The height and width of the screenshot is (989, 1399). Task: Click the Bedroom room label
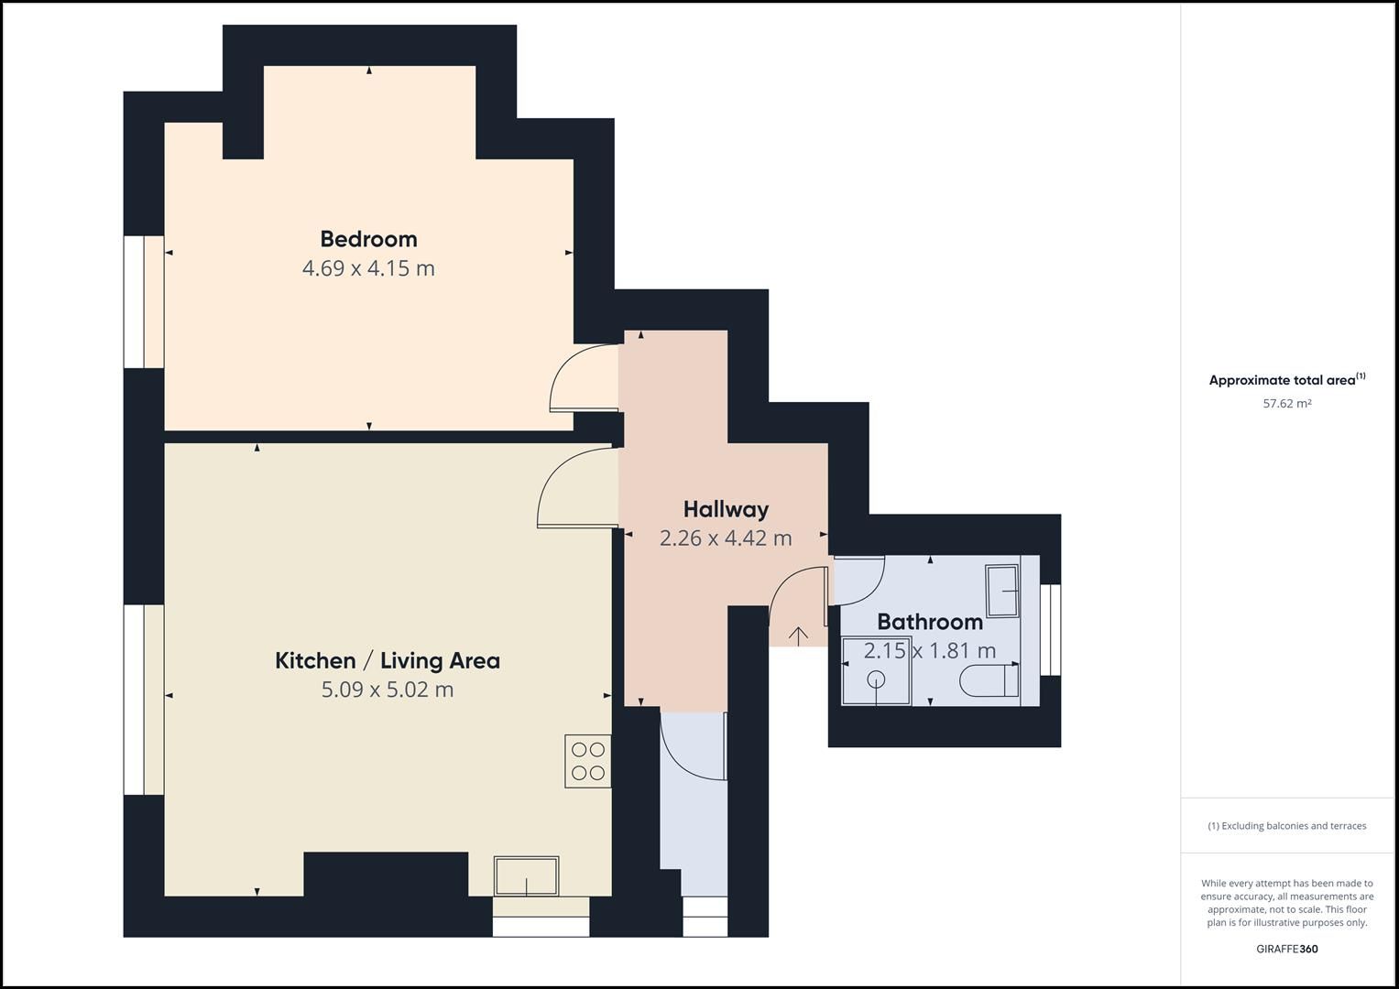(368, 238)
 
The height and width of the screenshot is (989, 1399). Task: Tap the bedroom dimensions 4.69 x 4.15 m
(368, 268)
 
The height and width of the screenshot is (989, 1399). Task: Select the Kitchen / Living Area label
(388, 660)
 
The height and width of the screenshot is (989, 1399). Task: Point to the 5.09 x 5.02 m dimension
(388, 690)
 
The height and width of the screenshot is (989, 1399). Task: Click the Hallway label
(726, 509)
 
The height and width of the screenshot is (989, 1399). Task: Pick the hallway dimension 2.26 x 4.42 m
(726, 538)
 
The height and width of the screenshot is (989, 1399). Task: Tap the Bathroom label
(930, 622)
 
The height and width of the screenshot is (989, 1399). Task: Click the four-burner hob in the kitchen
(587, 761)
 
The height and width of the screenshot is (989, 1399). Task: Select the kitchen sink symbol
(526, 875)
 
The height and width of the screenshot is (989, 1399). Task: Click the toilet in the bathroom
(989, 681)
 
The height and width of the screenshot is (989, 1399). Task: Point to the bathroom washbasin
(1002, 591)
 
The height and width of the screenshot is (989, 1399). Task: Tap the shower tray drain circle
(877, 679)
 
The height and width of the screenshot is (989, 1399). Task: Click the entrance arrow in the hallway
(799, 636)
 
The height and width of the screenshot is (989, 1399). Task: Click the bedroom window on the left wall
(144, 301)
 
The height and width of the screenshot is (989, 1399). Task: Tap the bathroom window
(1051, 629)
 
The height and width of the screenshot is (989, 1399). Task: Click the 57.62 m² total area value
(1287, 403)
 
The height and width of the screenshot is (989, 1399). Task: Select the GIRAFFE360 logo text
(1287, 949)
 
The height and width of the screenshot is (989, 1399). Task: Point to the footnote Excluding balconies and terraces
(1287, 826)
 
